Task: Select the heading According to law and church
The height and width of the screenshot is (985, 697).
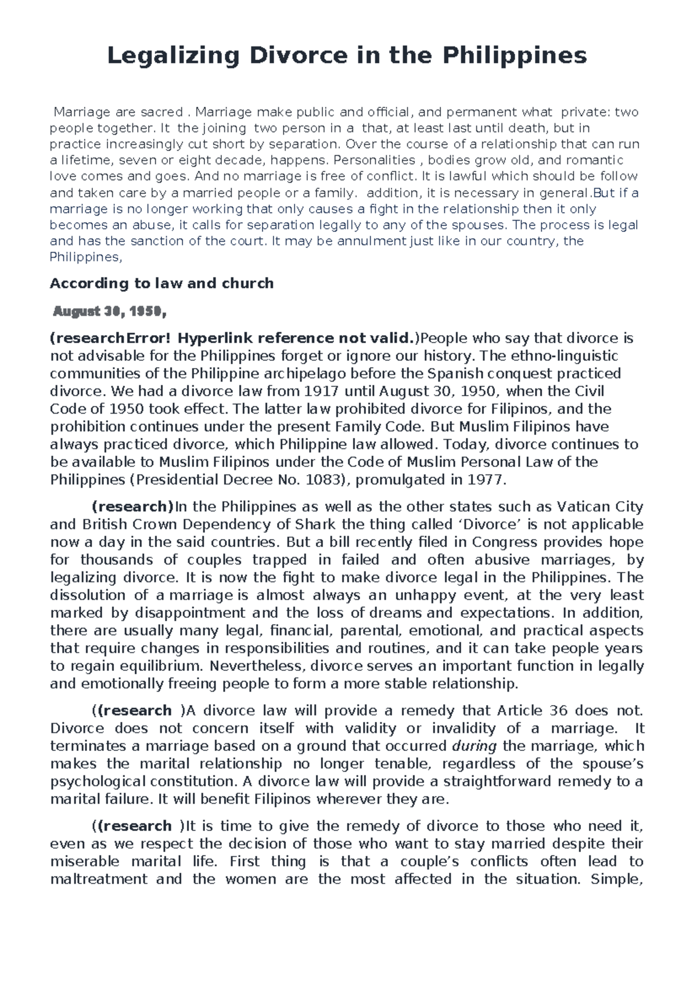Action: [x=161, y=283]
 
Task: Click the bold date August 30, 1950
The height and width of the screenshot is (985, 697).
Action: [x=109, y=312]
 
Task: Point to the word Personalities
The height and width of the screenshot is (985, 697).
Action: [x=375, y=160]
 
